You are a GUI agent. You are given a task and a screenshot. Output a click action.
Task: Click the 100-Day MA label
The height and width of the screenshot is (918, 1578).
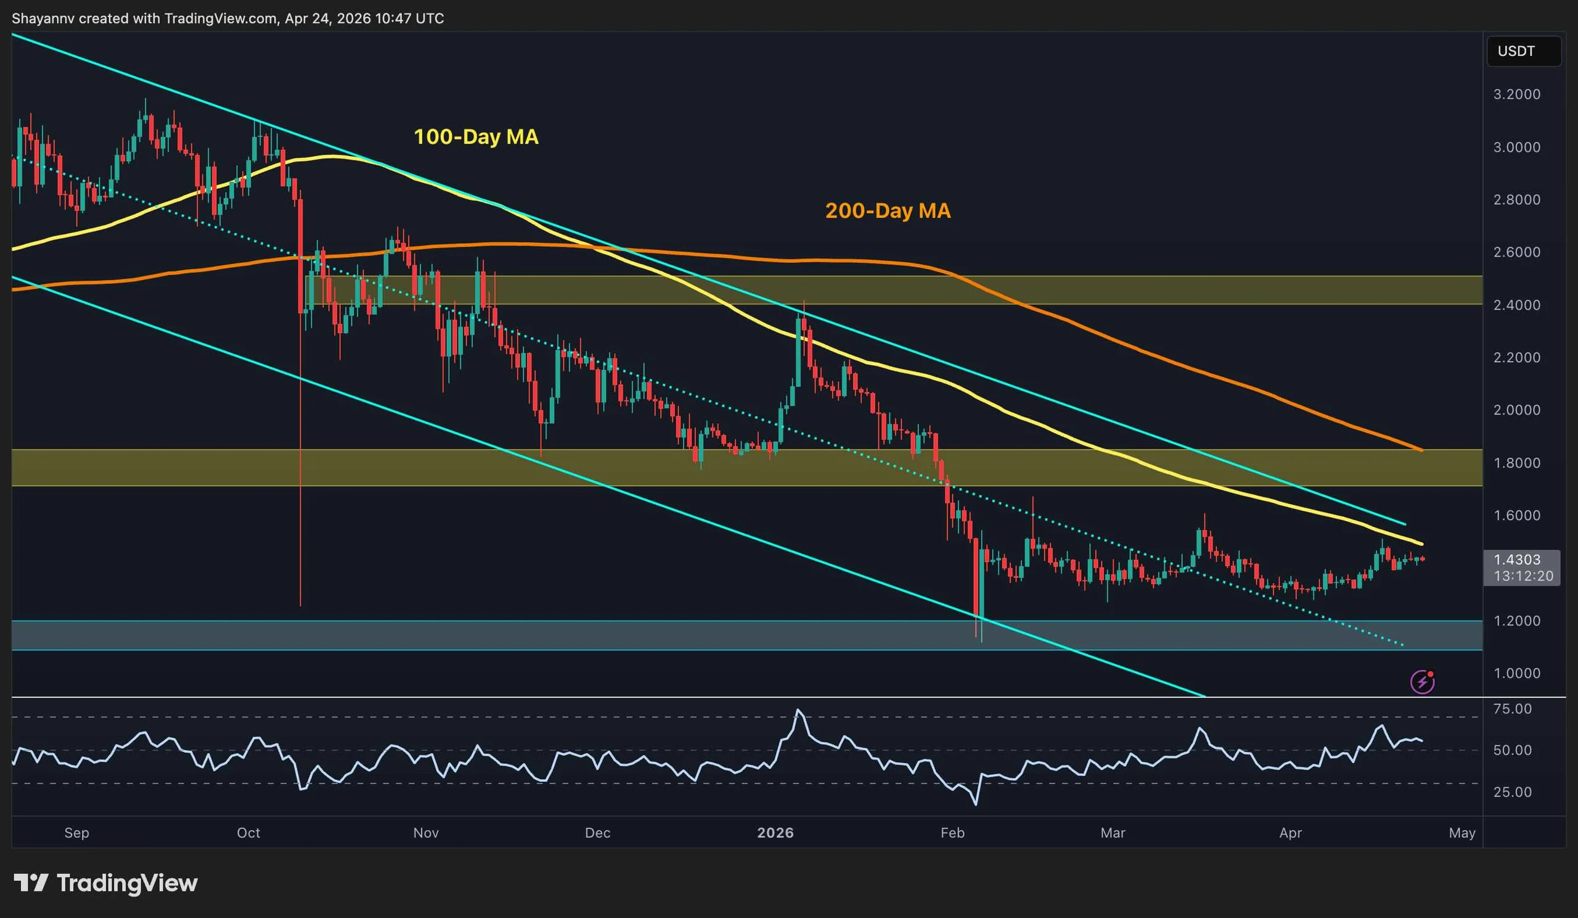point(476,136)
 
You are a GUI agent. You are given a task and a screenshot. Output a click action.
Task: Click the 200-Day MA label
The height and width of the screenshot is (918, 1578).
point(887,210)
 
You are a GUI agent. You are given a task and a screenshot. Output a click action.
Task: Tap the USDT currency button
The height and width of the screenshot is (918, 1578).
point(1515,51)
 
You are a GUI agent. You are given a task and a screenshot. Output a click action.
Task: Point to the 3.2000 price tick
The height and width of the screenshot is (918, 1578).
point(1516,94)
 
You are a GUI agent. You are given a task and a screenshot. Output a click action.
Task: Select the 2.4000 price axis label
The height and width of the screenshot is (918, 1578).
point(1516,305)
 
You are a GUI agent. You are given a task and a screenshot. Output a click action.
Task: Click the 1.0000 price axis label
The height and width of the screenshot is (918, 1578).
point(1516,674)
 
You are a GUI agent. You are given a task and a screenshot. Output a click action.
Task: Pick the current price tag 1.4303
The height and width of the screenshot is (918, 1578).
point(1516,560)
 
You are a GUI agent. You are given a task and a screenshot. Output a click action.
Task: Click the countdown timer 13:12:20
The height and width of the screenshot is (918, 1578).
point(1523,576)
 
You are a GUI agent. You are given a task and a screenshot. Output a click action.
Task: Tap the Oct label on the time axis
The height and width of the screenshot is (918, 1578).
point(248,833)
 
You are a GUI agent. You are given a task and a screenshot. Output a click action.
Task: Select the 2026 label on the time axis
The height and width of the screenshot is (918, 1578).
point(775,833)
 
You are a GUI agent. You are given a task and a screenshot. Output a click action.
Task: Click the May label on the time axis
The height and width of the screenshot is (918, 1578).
point(1462,833)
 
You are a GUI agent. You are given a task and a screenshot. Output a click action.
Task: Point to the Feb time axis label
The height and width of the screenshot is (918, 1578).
point(952,833)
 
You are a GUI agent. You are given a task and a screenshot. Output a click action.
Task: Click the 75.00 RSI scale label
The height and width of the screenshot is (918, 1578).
point(1512,709)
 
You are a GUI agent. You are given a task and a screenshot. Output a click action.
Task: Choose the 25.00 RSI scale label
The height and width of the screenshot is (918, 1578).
point(1512,792)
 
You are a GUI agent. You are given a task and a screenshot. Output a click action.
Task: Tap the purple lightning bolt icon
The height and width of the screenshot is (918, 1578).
point(1422,682)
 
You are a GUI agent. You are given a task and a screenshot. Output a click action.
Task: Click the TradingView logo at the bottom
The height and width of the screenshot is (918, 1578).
point(105,883)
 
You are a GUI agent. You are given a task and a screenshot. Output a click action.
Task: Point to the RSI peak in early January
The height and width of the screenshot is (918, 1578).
point(798,710)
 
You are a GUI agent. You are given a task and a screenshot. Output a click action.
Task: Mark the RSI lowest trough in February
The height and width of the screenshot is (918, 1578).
point(976,804)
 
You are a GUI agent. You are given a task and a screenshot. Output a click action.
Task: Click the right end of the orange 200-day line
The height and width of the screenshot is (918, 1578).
point(1421,450)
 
